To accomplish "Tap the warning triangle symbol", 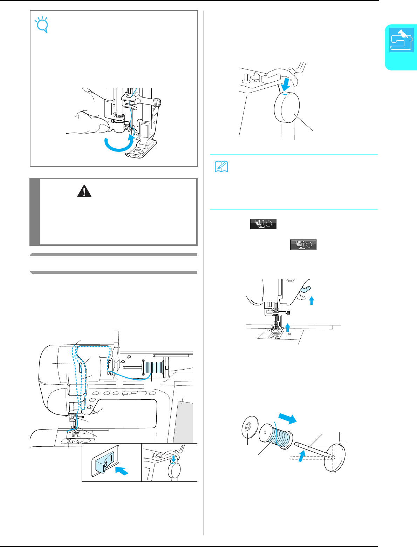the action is [x=83, y=191].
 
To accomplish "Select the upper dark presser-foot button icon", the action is [x=263, y=224].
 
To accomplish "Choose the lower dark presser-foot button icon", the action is [x=303, y=244].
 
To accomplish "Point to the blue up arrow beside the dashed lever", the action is [x=312, y=300].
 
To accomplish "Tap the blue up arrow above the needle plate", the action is [x=288, y=327].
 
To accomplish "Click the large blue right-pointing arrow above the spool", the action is [x=287, y=418].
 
